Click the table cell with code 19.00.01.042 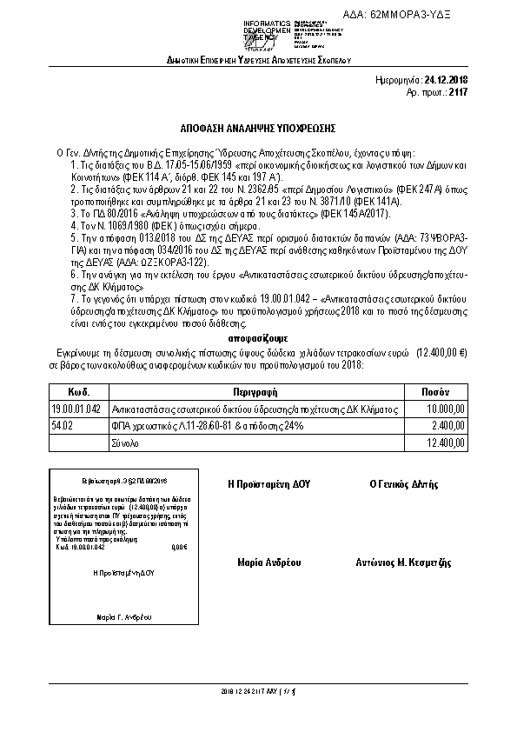tap(76, 409)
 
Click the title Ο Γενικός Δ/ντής tap(404, 483)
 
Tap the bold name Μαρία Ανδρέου tap(268, 562)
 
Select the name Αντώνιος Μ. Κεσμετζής tap(403, 562)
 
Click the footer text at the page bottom tap(258, 692)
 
